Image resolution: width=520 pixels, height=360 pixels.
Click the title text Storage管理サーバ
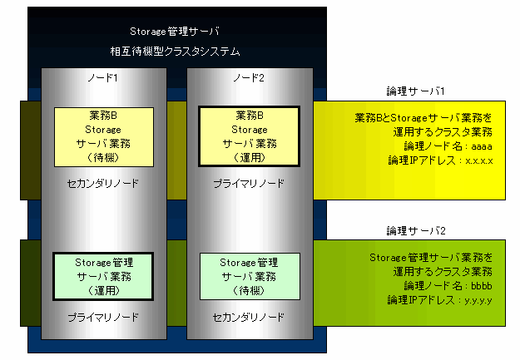(175, 32)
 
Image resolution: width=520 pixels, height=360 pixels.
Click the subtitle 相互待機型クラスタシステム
(175, 52)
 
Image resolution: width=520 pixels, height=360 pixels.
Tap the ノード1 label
(103, 78)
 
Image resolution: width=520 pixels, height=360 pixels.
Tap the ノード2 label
(249, 78)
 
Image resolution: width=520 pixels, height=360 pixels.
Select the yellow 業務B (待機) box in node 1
(104, 137)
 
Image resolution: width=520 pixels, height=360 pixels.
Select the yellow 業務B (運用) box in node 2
(249, 136)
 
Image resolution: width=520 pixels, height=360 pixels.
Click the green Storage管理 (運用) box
(103, 277)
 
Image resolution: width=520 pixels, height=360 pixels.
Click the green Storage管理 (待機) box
(250, 277)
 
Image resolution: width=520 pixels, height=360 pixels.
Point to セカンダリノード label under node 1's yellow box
(103, 183)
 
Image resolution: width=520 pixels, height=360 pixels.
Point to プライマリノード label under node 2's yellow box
(249, 183)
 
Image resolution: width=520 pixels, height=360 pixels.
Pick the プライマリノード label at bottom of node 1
(103, 318)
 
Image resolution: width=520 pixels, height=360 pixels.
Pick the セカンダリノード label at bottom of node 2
(249, 318)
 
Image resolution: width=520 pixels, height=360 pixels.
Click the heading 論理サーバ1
(415, 91)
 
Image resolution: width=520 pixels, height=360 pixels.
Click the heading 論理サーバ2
(416, 231)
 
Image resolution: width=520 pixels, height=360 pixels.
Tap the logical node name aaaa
(482, 146)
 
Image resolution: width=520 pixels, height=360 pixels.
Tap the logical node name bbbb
(482, 286)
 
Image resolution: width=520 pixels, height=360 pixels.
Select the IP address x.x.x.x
(479, 161)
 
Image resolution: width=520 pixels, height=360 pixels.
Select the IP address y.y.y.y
(478, 301)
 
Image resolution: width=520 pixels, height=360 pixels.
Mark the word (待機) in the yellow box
(103, 157)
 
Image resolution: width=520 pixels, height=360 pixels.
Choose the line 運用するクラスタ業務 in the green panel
(443, 272)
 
